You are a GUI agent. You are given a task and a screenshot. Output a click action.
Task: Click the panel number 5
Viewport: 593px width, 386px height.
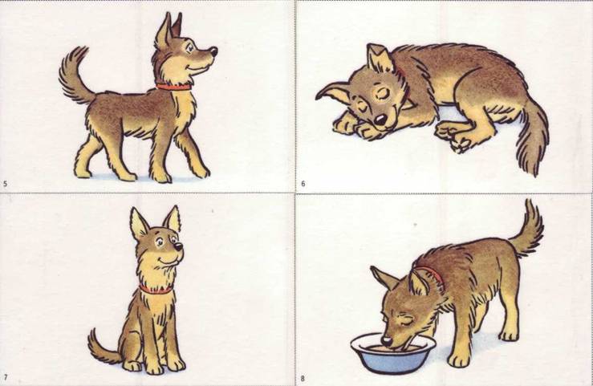coord(5,184)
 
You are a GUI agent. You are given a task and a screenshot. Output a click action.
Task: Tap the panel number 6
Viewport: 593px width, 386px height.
coord(303,184)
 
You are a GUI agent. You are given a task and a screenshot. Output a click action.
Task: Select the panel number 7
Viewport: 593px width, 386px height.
coord(6,377)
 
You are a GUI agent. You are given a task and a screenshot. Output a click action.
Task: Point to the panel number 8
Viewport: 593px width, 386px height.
coord(303,379)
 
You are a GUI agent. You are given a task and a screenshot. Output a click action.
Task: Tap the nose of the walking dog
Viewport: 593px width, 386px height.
coord(213,51)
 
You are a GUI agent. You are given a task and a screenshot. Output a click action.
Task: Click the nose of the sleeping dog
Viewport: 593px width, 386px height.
coord(380,120)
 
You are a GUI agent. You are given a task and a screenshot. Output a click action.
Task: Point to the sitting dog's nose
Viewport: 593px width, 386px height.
coord(178,246)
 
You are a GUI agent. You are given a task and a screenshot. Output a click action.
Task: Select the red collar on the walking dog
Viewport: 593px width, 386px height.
coord(174,87)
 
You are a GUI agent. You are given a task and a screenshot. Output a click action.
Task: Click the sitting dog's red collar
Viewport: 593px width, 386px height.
coord(156,290)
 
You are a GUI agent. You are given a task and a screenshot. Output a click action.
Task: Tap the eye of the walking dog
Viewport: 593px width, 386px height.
coord(190,48)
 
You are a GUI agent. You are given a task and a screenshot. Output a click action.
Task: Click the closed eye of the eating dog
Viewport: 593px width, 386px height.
coord(404,321)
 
